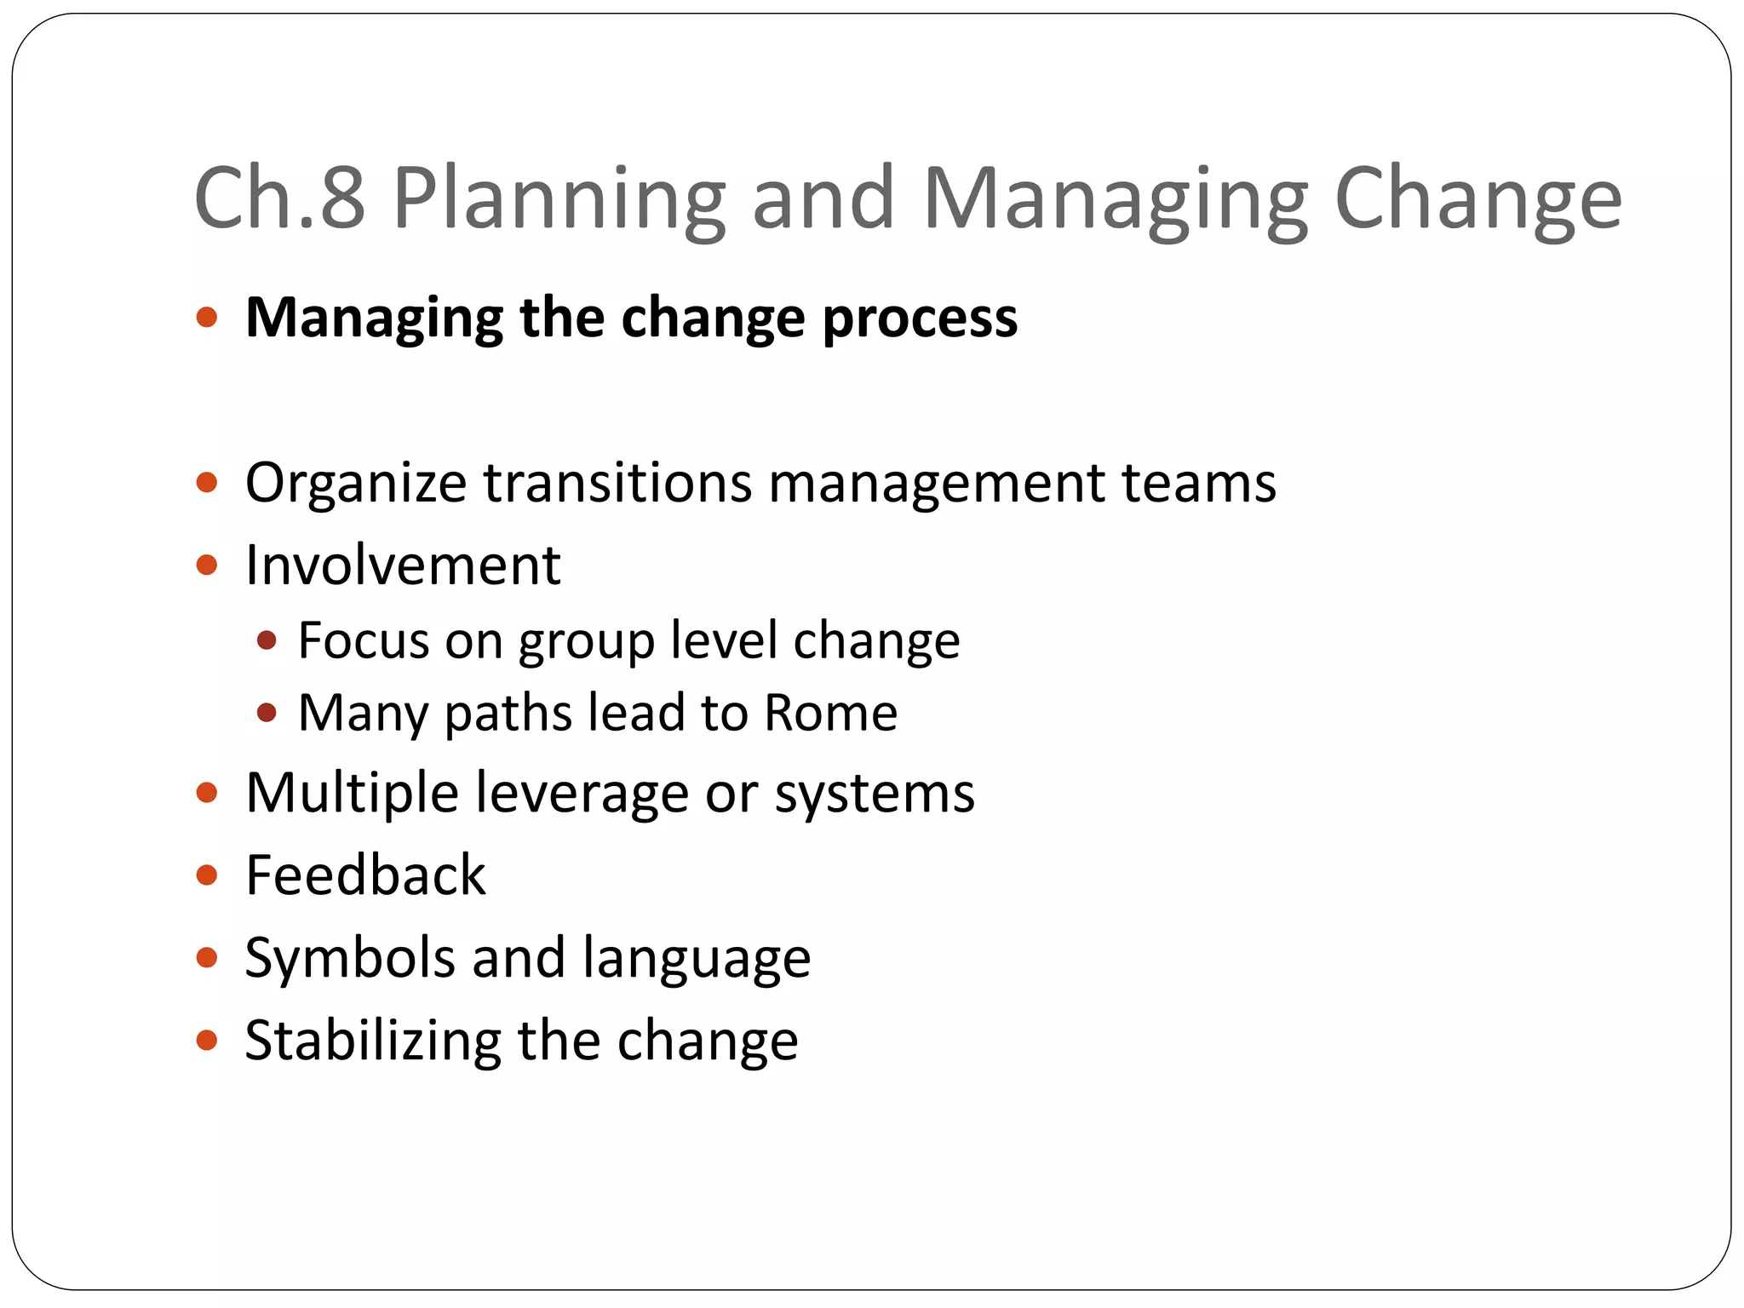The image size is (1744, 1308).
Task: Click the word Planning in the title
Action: point(559,199)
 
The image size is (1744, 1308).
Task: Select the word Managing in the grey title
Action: point(1115,199)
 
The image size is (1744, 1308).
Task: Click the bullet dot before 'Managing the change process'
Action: point(207,318)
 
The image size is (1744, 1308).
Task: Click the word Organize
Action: point(356,483)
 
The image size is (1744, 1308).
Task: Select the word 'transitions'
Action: point(618,483)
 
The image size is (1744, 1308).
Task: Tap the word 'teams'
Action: point(1199,483)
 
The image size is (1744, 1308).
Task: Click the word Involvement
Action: point(403,565)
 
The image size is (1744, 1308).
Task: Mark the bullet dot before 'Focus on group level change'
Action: point(267,640)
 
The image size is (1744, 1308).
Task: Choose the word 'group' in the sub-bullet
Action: point(587,641)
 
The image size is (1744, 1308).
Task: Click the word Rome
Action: point(830,713)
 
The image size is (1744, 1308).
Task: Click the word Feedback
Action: point(365,875)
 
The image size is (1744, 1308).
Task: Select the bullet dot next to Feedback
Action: point(207,875)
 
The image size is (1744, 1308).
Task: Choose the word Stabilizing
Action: point(373,1040)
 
